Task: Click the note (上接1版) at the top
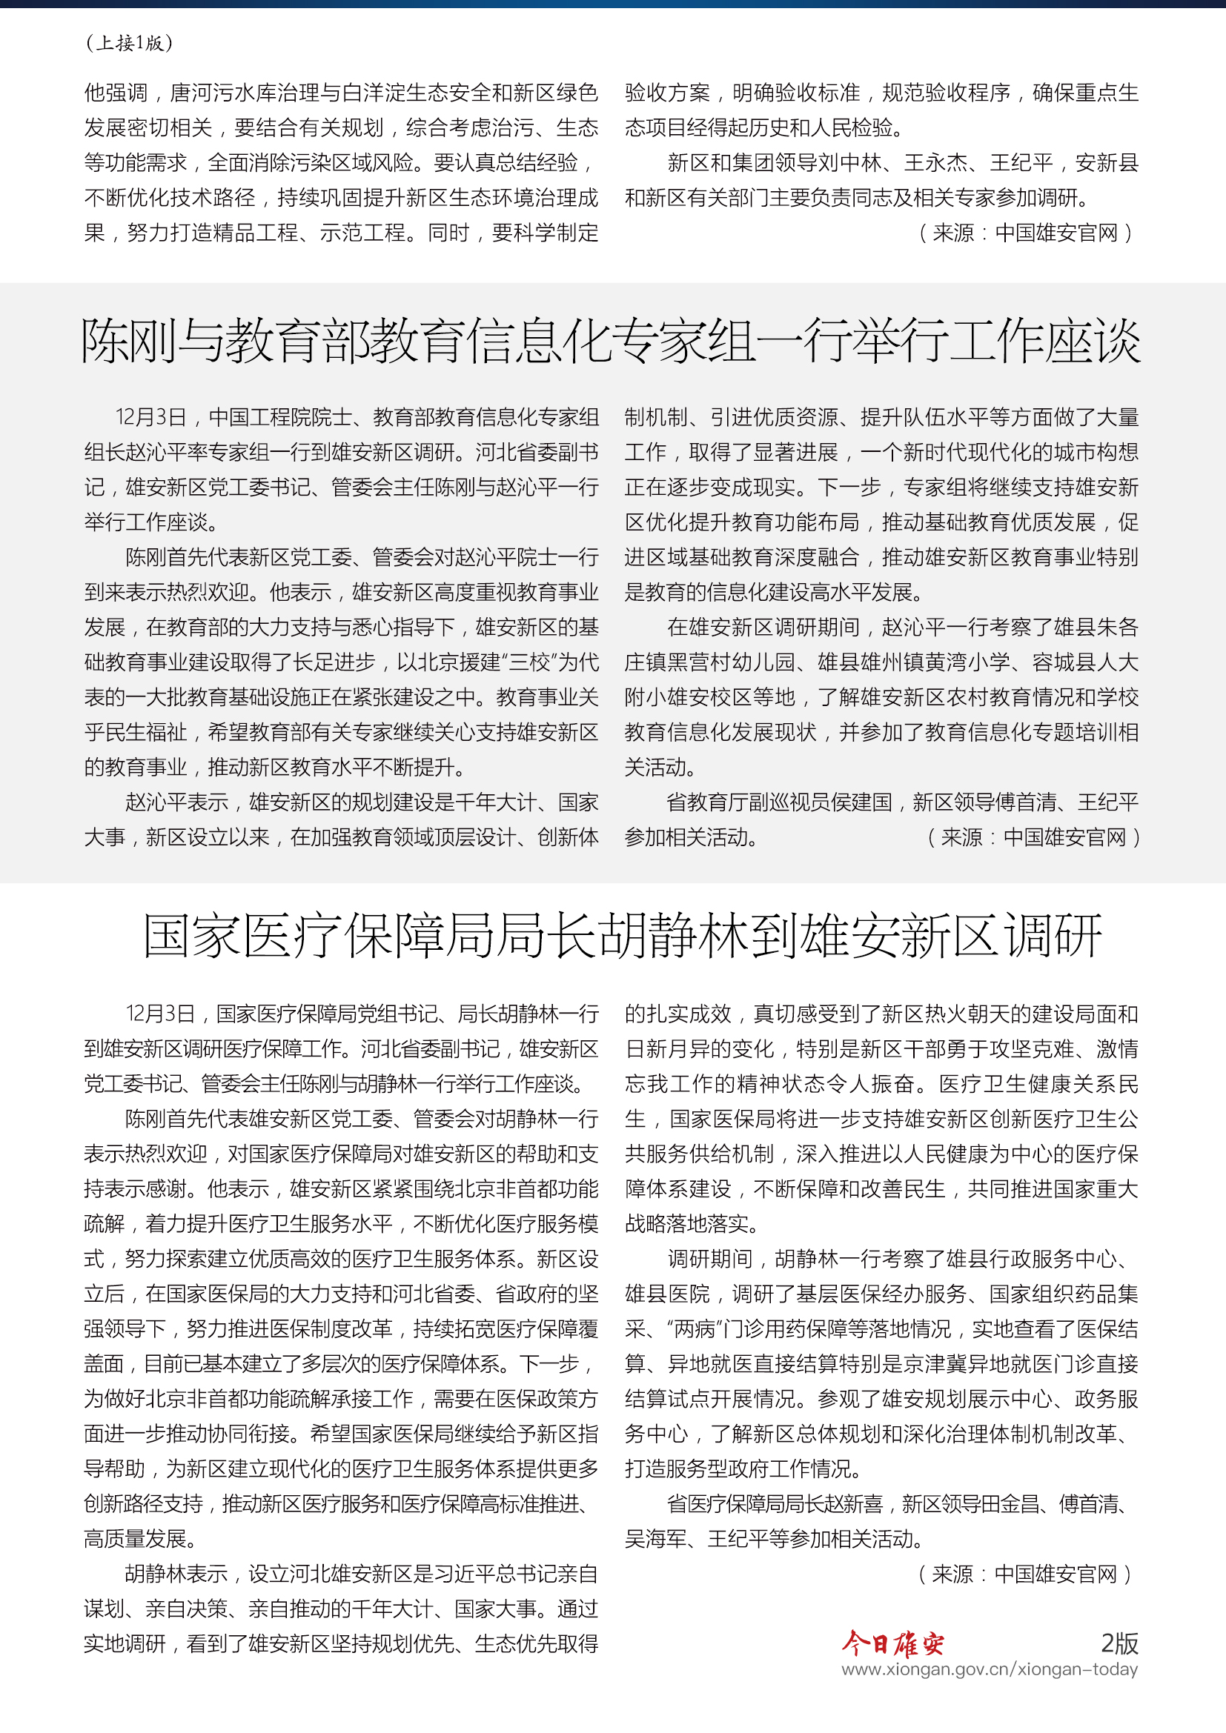[130, 43]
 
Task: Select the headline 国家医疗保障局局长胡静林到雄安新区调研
[623, 936]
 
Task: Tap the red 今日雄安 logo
[892, 1643]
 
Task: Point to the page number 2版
[1119, 1643]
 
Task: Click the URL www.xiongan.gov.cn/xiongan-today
[989, 1669]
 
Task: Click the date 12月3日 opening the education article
[151, 417]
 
